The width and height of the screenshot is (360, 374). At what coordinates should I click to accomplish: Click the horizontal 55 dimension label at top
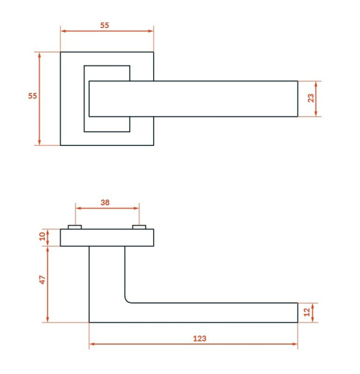[105, 26]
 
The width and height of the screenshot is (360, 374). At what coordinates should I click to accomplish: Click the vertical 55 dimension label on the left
[32, 96]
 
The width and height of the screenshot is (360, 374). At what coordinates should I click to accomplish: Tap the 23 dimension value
[311, 98]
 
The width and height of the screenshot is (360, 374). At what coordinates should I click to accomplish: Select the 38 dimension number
[105, 203]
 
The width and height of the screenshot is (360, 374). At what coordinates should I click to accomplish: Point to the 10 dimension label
[42, 236]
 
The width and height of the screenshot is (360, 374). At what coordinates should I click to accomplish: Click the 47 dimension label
[42, 280]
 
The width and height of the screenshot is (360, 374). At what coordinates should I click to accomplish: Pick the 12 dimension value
[307, 312]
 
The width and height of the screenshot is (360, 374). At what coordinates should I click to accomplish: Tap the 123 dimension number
[200, 338]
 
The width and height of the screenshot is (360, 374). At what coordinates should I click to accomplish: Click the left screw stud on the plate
[75, 227]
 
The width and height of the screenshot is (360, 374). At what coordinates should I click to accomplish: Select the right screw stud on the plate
[139, 227]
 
